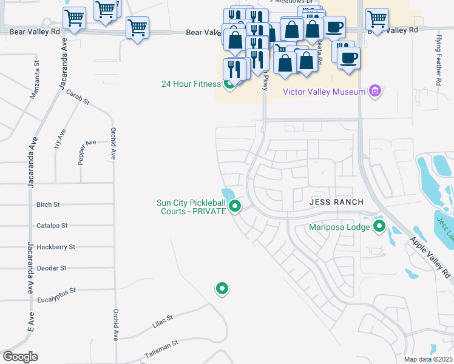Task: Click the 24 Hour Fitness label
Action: point(190,84)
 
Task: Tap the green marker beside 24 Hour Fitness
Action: point(229,84)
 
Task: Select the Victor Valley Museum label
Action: point(324,92)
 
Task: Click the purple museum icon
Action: point(375,92)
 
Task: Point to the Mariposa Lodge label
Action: point(339,227)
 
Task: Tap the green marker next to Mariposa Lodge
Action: point(380,227)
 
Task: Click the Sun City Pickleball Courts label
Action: point(191,207)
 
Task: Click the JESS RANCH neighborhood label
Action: point(336,202)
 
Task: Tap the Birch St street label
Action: point(48,205)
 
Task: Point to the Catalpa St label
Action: point(52,226)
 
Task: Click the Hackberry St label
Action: point(55,247)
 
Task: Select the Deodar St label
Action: point(51,268)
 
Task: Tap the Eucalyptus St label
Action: point(55,291)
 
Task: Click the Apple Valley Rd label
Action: point(432,254)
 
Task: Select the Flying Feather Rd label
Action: point(438,59)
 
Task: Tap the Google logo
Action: point(21,357)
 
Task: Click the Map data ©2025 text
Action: point(428,359)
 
